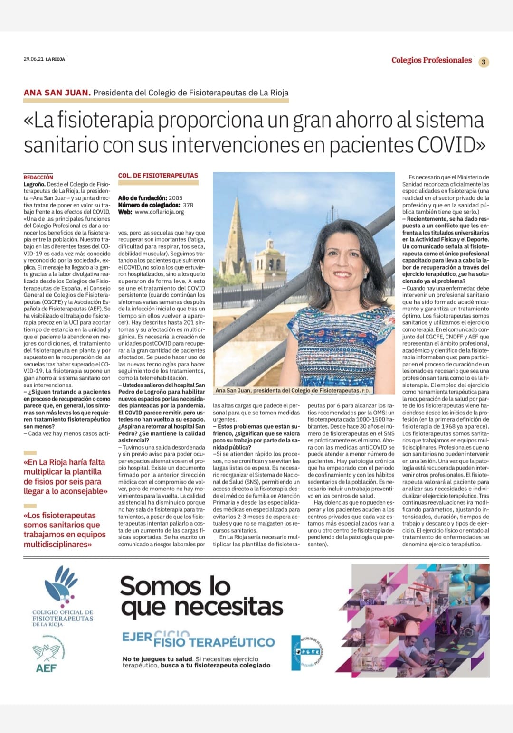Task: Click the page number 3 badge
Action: (484, 62)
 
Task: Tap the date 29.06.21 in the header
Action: (33, 60)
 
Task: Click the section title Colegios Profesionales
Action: (431, 60)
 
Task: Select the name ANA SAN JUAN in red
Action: (57, 93)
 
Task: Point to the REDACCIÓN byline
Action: (38, 177)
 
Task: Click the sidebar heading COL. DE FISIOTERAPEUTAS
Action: (158, 176)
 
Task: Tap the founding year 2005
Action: (175, 198)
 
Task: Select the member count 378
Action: (188, 205)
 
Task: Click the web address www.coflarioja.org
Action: (159, 212)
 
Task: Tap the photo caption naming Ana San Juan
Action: (287, 391)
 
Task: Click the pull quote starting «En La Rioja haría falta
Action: (65, 476)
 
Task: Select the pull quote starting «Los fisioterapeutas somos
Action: (65, 529)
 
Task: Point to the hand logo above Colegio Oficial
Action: (61, 587)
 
